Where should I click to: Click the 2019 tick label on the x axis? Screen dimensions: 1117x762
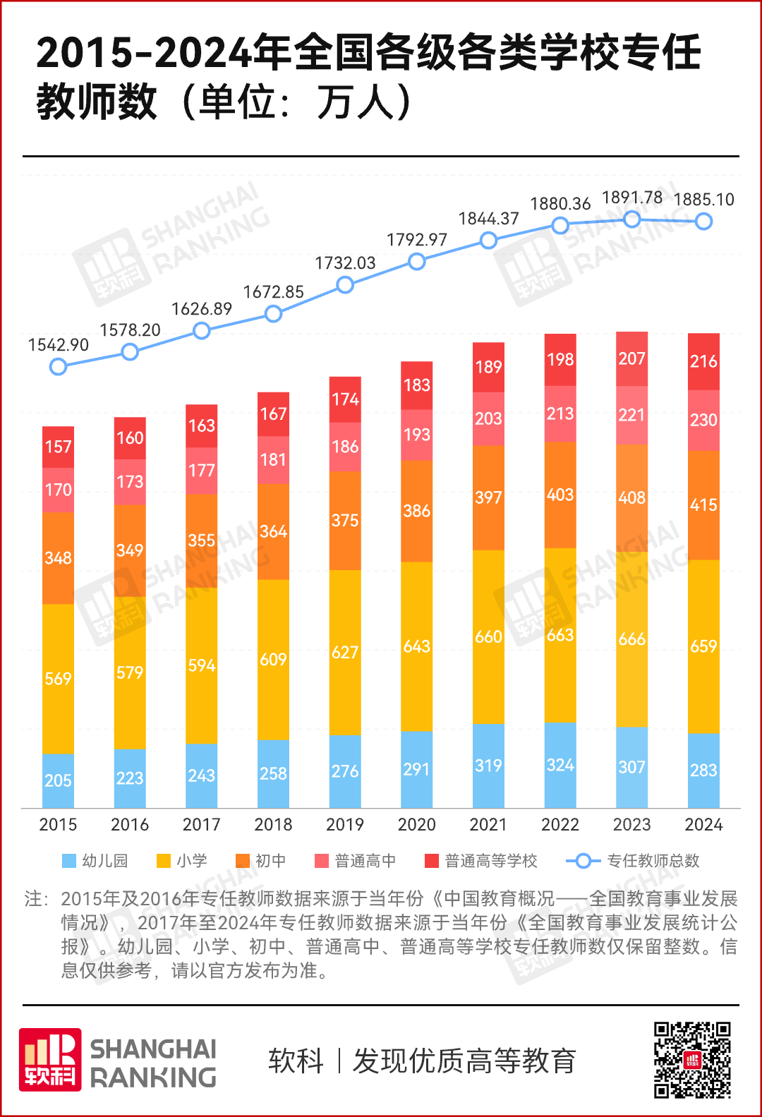tap(344, 824)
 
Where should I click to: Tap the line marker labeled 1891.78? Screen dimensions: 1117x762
tap(631, 219)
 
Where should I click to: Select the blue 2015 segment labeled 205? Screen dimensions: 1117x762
tap(58, 780)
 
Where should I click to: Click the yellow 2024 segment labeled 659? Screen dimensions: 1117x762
tap(703, 646)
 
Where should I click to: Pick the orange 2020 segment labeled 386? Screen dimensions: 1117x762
tap(416, 511)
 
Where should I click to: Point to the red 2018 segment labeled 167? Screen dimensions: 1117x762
tap(273, 413)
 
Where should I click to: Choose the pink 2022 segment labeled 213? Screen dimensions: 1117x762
tap(560, 413)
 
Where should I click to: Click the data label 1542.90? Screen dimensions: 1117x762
tap(58, 345)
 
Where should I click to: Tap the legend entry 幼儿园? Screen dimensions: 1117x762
tap(95, 861)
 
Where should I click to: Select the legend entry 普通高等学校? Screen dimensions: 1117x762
tap(481, 861)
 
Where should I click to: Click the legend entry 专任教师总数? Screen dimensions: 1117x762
tap(633, 861)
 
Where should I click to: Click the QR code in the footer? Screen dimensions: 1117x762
tap(691, 1060)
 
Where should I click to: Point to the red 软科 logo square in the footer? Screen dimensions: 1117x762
tap(50, 1060)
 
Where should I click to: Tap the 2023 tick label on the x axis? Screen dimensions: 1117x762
tap(631, 824)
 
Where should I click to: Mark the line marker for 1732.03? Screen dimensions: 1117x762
tap(344, 285)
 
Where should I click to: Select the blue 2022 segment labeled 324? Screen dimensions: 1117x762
tap(560, 765)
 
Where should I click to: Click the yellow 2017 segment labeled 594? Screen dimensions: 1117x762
tap(201, 665)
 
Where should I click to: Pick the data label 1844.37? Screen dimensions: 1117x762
tap(488, 219)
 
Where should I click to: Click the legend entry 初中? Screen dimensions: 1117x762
tap(261, 861)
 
